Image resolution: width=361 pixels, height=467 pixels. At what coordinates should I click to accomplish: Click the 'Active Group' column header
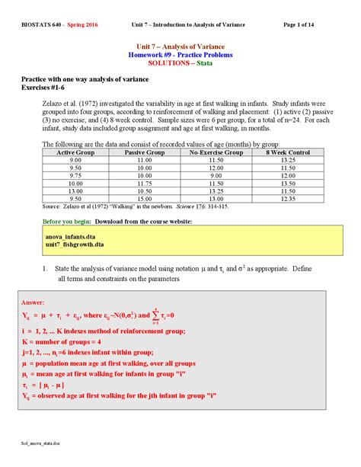(x=75, y=152)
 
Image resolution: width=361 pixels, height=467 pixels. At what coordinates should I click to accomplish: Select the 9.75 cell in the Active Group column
(x=75, y=175)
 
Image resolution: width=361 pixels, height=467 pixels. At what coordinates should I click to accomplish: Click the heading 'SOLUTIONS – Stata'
(x=180, y=63)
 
